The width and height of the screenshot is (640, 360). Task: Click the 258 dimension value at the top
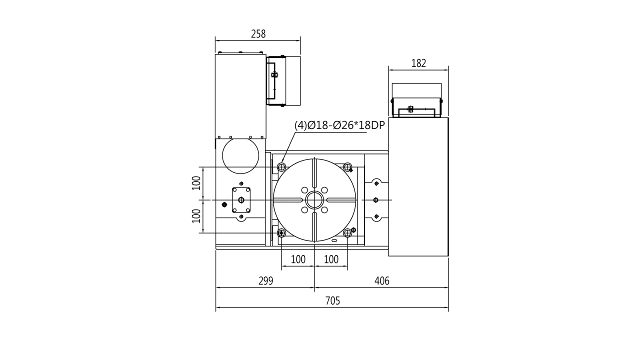coord(258,34)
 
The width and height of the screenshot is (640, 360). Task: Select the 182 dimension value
coord(419,63)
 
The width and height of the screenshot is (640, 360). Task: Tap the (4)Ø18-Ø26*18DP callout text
coord(339,125)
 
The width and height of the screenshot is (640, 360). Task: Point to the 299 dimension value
coord(265,281)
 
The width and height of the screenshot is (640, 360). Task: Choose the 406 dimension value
coord(381,281)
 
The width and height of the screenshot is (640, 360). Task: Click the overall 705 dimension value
coord(332,300)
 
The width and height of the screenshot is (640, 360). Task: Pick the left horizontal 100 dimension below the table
coord(298,259)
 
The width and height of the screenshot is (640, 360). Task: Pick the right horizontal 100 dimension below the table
coord(331,259)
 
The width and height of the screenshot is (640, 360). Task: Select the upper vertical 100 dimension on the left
coord(196,183)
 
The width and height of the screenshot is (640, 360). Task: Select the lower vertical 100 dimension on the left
coord(196,215)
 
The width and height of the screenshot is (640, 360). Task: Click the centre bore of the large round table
coord(315,199)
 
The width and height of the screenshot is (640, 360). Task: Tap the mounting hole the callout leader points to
coord(281,166)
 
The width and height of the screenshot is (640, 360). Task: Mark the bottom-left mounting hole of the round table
coord(281,233)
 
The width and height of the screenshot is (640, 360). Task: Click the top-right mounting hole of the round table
coord(348,166)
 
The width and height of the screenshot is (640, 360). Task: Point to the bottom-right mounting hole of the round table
coord(347,233)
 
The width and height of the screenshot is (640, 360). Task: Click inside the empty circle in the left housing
coord(240,155)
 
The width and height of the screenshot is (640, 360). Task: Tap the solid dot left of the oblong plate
coord(224,204)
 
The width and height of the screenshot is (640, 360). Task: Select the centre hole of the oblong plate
coord(241,200)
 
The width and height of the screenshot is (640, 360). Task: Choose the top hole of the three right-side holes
coord(376,183)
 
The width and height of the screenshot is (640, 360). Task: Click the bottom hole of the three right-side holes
coord(376,216)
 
